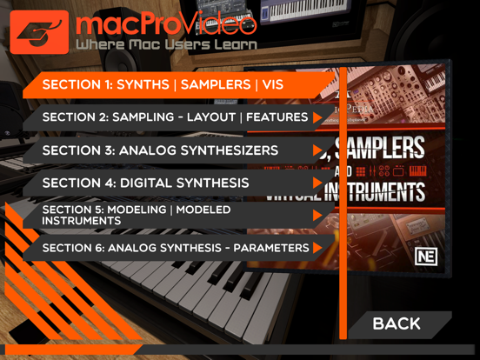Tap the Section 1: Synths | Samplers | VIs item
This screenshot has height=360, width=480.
163,85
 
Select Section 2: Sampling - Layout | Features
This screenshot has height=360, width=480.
174,117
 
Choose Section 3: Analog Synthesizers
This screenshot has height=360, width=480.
160,150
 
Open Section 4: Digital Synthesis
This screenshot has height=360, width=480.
145,183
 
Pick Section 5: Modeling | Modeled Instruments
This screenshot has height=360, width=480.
137,216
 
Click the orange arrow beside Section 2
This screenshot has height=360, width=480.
318,117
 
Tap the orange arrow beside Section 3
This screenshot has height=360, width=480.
318,150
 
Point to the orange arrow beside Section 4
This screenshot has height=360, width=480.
318,183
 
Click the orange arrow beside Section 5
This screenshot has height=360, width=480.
318,216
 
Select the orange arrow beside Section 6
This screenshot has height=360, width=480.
318,249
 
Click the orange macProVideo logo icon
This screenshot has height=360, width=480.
38,31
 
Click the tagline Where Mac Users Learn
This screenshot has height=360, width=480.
166,44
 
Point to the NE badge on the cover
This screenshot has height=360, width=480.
426,256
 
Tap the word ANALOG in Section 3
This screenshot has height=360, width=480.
143,150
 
